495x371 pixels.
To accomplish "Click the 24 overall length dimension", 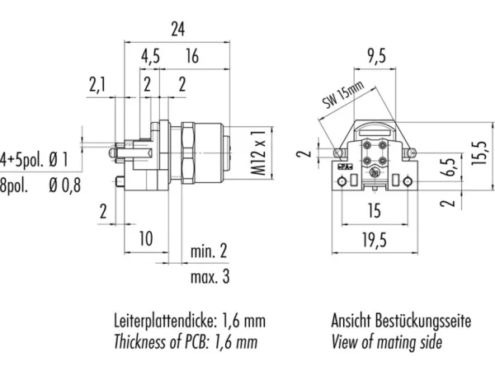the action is [177, 29].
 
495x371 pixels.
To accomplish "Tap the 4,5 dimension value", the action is [150, 56].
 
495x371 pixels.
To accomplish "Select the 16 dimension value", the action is [192, 56].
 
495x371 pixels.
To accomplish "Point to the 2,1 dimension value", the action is [97, 85].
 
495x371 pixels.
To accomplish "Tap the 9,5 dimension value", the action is [376, 56].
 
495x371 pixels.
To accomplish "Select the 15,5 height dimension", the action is [478, 153].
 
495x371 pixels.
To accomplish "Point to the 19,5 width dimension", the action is [375, 241].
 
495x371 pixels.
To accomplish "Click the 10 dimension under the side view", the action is [146, 238].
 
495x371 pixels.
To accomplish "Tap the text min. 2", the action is [209, 251].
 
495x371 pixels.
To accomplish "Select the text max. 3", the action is [210, 277].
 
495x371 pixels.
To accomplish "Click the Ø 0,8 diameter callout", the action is [65, 185].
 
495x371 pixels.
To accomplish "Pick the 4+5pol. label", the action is [21, 160].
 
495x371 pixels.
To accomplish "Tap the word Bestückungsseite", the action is [423, 321].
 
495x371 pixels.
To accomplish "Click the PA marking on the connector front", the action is [345, 167].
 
